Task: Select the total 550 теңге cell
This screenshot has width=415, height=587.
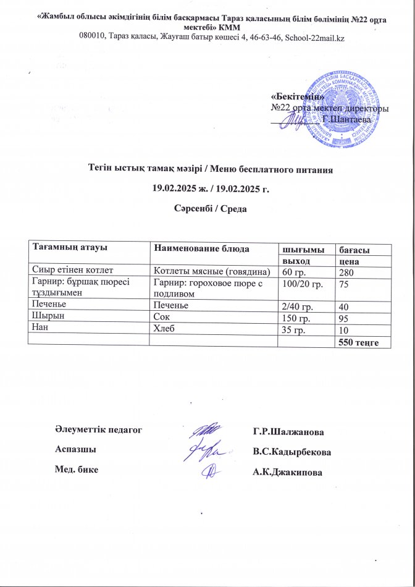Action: pos(362,342)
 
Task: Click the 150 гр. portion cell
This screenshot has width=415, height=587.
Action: pos(300,316)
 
